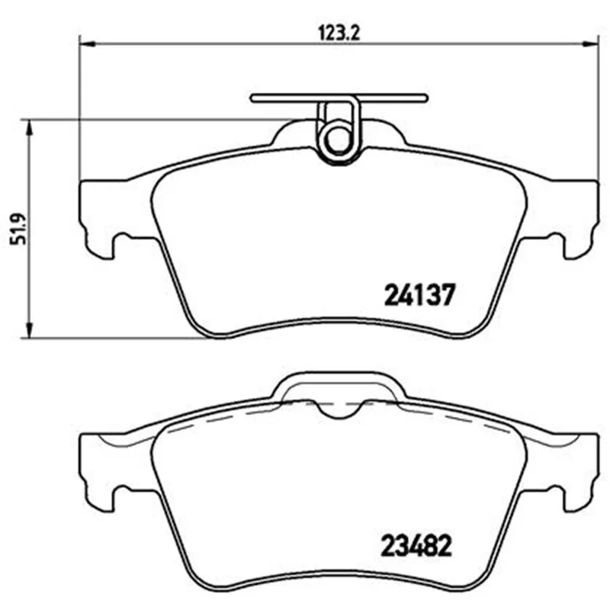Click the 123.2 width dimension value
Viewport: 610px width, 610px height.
(339, 33)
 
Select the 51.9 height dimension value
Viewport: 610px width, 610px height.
(18, 229)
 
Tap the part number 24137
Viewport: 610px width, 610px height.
(419, 294)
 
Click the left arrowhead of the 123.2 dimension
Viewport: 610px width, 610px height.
(87, 44)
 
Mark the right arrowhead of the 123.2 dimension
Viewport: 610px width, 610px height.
(590, 44)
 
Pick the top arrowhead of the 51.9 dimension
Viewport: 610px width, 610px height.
(28, 127)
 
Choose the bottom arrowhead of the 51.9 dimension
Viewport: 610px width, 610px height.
(28, 330)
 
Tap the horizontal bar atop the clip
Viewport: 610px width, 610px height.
(339, 98)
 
